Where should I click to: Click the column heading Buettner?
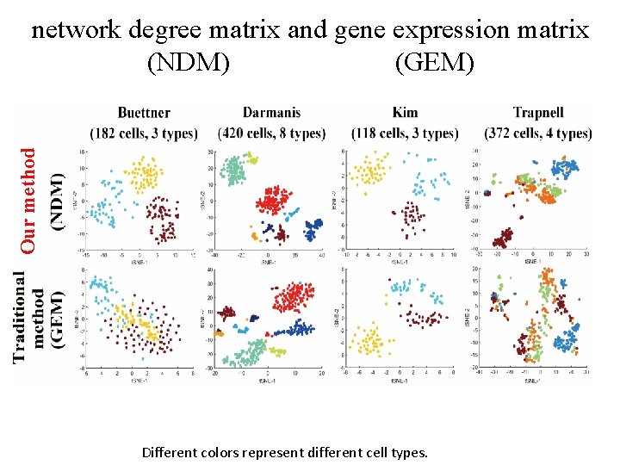pos(144,114)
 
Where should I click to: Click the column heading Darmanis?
pos(272,113)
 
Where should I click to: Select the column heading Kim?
pos(405,113)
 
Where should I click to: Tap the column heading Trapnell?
pos(538,113)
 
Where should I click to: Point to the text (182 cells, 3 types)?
pos(144,133)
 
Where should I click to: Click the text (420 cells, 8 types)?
pos(272,133)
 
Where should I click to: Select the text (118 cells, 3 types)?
pos(405,133)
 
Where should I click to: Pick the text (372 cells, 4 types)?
pos(538,133)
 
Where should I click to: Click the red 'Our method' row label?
pos(28,200)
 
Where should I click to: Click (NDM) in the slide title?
pos(188,62)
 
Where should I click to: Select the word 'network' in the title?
pos(77,31)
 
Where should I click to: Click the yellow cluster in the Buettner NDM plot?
pos(145,176)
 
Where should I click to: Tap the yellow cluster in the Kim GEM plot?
pos(371,342)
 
